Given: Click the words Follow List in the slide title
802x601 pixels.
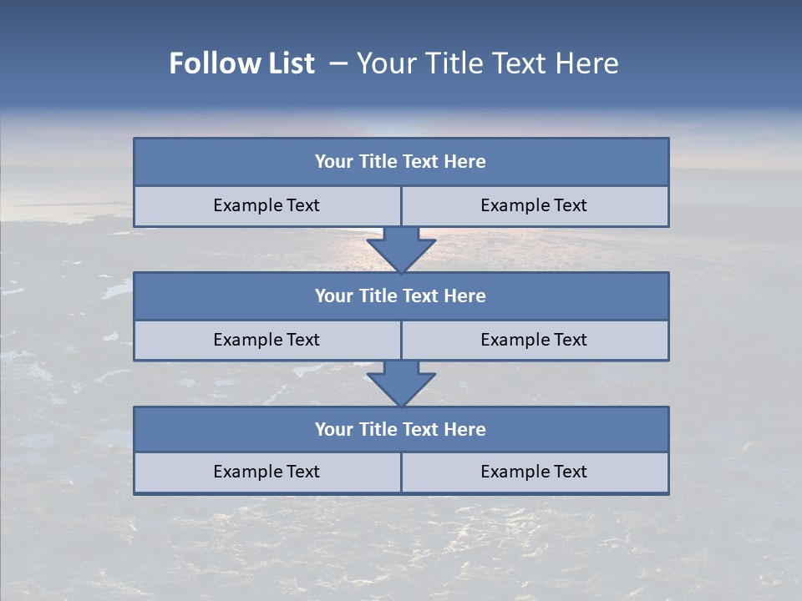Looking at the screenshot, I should (x=242, y=63).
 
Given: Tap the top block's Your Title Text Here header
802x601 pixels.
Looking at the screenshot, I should (x=400, y=162).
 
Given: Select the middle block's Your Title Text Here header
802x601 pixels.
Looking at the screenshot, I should (x=400, y=295).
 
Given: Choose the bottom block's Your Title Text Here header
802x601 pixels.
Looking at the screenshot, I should (x=400, y=429).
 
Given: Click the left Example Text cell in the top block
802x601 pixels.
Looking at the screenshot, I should (x=266, y=205).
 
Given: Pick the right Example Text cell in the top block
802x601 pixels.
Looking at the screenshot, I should (x=534, y=205).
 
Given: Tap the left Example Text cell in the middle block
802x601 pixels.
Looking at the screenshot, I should (x=266, y=340).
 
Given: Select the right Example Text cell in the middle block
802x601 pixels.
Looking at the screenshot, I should (x=534, y=340).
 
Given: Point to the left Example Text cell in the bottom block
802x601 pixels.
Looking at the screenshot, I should (x=266, y=472).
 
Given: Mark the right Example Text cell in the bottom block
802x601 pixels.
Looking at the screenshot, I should (x=534, y=472).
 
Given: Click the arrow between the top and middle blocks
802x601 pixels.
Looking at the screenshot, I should (x=401, y=249).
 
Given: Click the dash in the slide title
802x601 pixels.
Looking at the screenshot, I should (x=338, y=63).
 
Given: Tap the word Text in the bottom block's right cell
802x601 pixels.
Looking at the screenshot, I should (x=570, y=472).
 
